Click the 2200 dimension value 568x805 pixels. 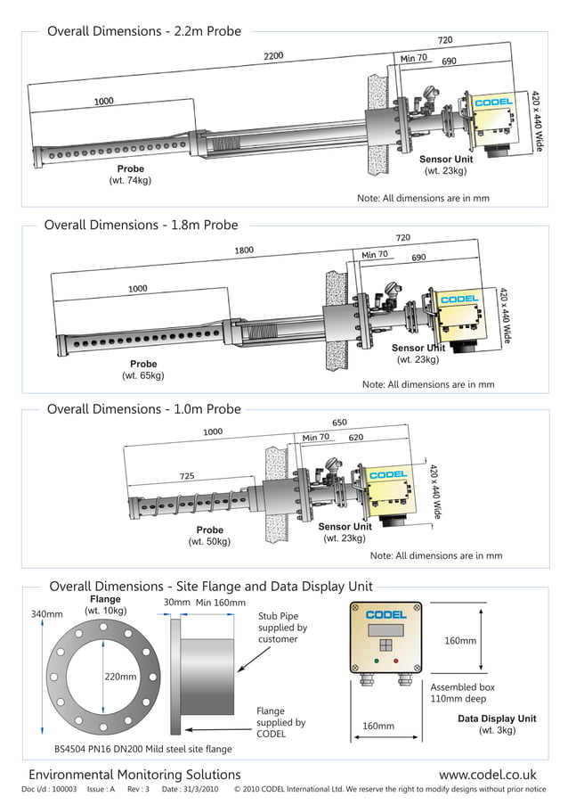point(272,56)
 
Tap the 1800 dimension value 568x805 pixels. point(244,251)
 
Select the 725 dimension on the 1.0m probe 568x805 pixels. point(187,477)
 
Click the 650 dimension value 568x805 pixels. point(339,423)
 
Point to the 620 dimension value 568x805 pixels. point(355,438)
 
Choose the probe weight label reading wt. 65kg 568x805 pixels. point(142,376)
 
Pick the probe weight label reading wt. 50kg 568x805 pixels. point(209,542)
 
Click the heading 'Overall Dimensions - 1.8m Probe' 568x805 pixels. point(141,226)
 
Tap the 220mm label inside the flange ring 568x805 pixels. point(120,677)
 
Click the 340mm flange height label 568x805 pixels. point(46,614)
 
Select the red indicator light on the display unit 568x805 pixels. point(396,661)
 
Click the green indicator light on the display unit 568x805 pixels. point(377,661)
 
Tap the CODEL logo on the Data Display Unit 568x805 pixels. point(386,614)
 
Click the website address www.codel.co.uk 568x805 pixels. point(487,776)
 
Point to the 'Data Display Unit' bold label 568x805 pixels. point(497,719)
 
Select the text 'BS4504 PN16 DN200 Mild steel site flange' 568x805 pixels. point(142,750)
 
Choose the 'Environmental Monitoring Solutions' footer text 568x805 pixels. point(134,776)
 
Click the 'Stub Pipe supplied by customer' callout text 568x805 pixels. point(282,628)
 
